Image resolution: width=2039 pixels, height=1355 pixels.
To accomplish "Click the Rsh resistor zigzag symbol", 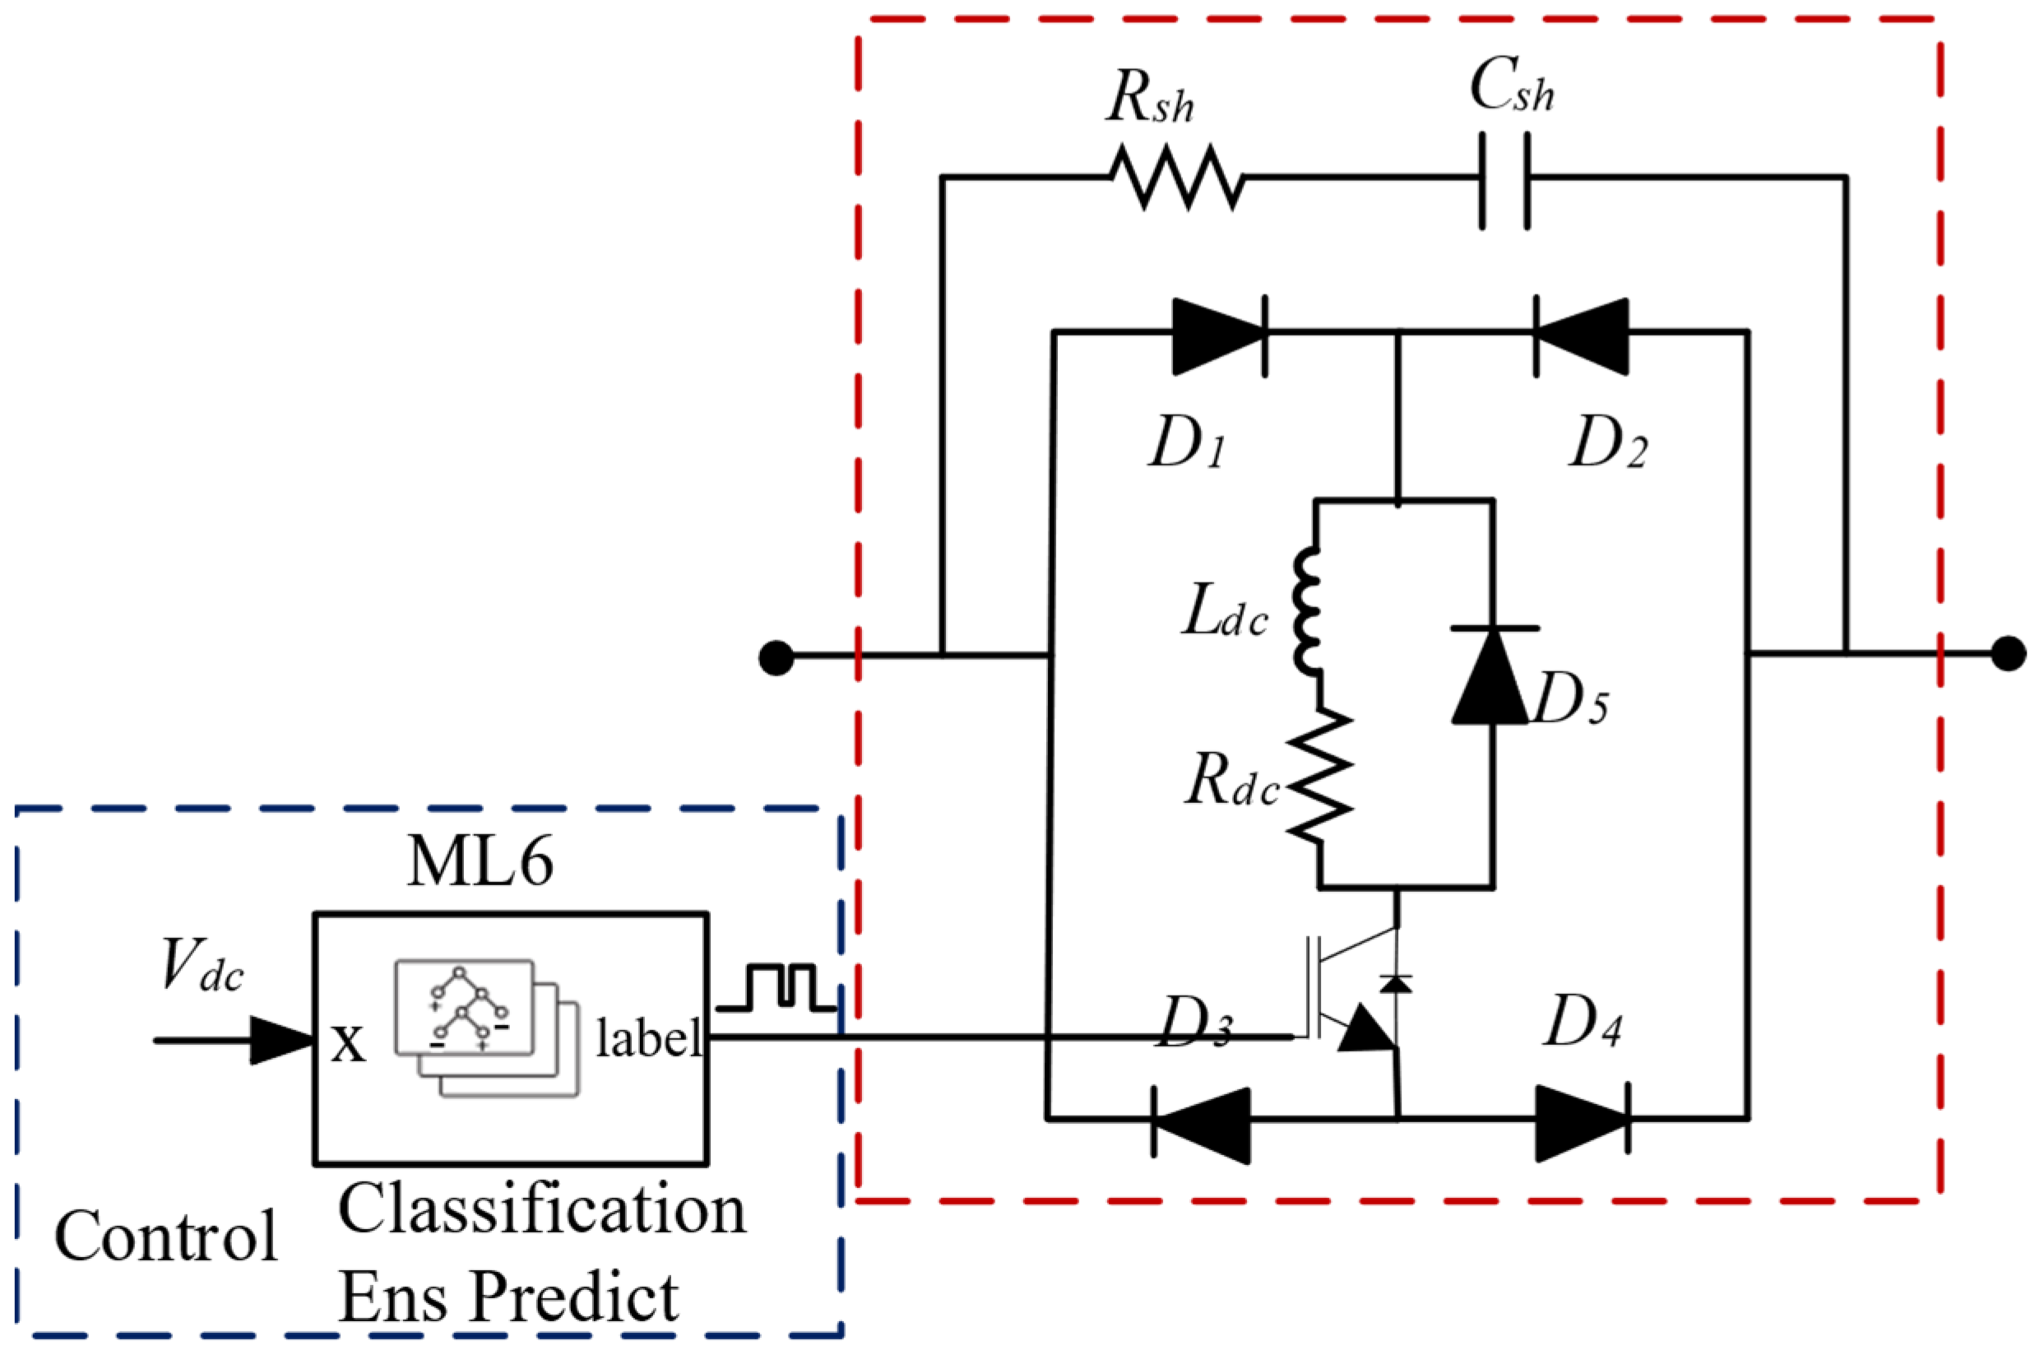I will click(x=1177, y=177).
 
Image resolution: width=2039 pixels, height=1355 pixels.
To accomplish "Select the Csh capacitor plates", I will click(x=1505, y=179).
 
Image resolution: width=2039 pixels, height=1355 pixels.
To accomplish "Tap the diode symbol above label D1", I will click(x=1219, y=336).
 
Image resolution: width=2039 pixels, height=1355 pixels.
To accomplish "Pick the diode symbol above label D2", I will click(x=1581, y=336).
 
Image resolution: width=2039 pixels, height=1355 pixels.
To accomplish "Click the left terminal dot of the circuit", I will click(x=776, y=657).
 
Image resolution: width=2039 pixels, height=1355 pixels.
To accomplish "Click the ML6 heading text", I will click(x=480, y=861).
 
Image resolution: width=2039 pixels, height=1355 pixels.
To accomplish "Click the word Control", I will click(x=166, y=1237).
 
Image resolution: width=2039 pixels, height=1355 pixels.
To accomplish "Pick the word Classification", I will click(x=542, y=1211).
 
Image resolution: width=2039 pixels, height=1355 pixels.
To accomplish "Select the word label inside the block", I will click(x=649, y=1039).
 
